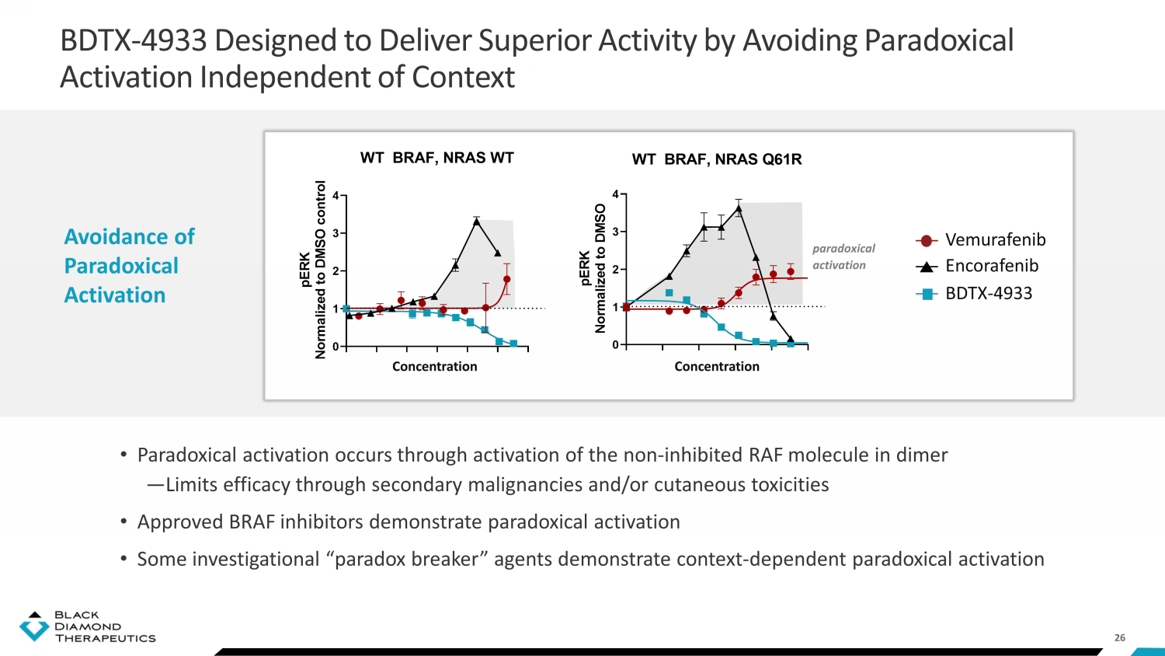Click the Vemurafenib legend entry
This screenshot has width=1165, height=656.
pyautogui.click(x=980, y=240)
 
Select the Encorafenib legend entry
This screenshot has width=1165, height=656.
pyautogui.click(x=977, y=266)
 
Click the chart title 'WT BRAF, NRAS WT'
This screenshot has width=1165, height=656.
pyautogui.click(x=436, y=158)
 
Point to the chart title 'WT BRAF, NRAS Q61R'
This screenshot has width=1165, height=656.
pyautogui.click(x=717, y=159)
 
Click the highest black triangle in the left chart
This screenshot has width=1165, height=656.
pyautogui.click(x=476, y=222)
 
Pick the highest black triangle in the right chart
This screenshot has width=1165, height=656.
pyautogui.click(x=739, y=209)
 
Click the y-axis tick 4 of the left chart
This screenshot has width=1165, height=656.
pyautogui.click(x=336, y=196)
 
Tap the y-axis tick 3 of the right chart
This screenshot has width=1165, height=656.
pyautogui.click(x=616, y=232)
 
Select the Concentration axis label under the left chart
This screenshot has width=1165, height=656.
pyautogui.click(x=434, y=367)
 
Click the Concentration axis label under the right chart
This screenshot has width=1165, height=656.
pyautogui.click(x=717, y=367)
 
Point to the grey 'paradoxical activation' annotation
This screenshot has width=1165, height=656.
pyautogui.click(x=843, y=256)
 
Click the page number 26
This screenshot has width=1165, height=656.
pyautogui.click(x=1120, y=638)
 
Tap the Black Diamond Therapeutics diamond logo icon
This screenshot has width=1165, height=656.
pyautogui.click(x=34, y=626)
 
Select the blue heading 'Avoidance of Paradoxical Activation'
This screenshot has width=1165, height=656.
pyautogui.click(x=129, y=266)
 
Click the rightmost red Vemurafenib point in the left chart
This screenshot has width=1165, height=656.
pyautogui.click(x=507, y=279)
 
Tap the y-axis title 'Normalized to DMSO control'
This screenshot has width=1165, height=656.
pyautogui.click(x=320, y=270)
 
